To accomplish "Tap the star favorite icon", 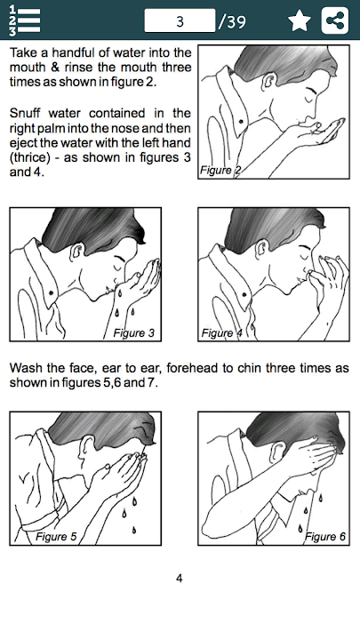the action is coord(300,20).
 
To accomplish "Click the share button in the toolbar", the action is coord(335,20).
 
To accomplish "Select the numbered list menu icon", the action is coord(25,20).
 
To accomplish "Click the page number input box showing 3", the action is coord(180,20).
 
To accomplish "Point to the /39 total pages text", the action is coord(232,21).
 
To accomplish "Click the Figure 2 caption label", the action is coord(220,170).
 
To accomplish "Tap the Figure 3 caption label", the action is coord(134,333).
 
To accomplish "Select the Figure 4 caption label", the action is coord(221,333).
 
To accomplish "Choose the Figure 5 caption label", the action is coord(56,536).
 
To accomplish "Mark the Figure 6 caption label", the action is coord(325,536).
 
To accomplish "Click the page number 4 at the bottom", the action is coord(180,578).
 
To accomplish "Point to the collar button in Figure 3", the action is coord(52,292).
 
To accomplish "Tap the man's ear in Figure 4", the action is coord(260,250).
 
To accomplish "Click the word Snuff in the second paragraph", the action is coord(25,113).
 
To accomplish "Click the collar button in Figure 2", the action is coord(241,122).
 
